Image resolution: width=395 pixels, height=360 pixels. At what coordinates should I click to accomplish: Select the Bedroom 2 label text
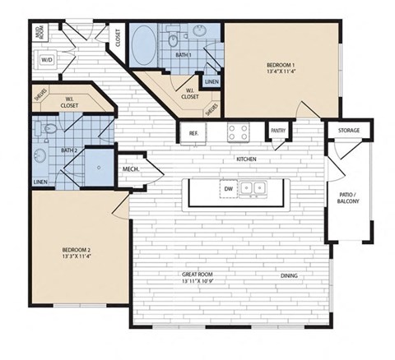tap(75, 251)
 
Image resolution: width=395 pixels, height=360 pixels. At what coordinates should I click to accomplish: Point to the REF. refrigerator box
tap(193, 132)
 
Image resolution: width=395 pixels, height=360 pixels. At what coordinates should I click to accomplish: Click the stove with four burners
tap(239, 132)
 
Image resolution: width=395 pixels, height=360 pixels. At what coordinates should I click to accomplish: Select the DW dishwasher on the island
tap(228, 188)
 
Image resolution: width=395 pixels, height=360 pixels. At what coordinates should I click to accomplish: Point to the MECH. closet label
tap(130, 170)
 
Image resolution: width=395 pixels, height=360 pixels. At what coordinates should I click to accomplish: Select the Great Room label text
tap(197, 278)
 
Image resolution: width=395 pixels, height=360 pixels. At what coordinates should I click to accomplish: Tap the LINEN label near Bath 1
tap(211, 82)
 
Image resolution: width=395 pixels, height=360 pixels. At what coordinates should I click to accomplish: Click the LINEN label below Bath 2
tap(40, 182)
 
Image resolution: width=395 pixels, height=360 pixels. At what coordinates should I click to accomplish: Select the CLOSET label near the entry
tap(118, 39)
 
